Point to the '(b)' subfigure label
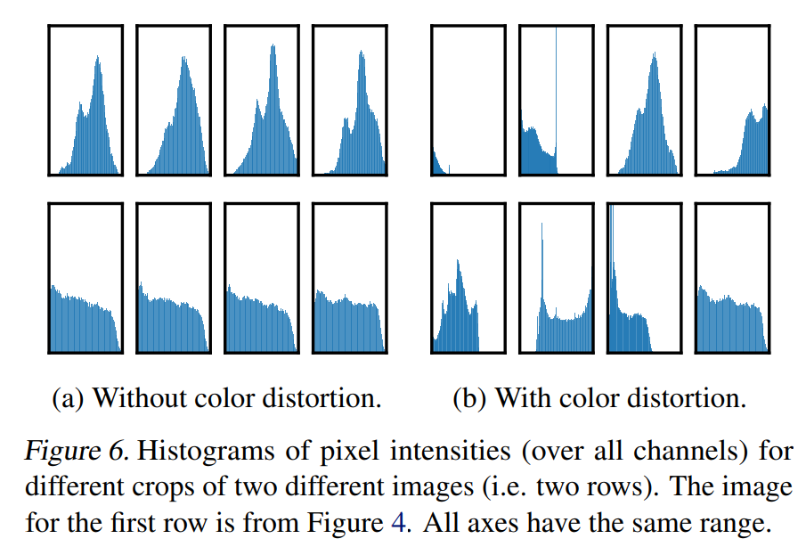pos(468,398)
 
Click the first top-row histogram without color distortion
pos(85,100)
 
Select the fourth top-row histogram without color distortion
pos(350,100)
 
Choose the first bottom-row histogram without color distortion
pos(85,279)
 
